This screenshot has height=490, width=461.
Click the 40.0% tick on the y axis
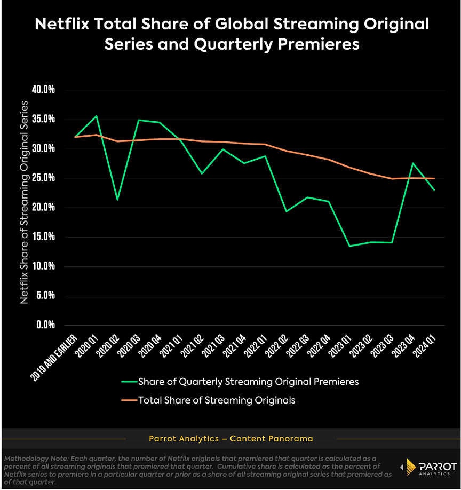pos(44,90)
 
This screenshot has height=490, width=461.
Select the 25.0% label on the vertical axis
pos(44,178)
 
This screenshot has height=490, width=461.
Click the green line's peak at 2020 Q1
pos(96,116)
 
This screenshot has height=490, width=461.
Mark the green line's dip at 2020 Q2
pos(117,200)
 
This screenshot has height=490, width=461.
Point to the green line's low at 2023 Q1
pos(349,246)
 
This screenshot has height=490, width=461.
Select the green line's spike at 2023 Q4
pos(413,163)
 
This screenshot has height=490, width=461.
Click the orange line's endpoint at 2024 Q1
pos(434,178)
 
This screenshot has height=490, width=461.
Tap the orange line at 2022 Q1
pos(265,144)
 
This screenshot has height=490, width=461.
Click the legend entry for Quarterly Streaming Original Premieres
pos(248,382)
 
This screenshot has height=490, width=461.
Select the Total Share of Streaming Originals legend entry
pos(216,399)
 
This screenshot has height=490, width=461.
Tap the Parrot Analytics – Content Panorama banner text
pos(230,439)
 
